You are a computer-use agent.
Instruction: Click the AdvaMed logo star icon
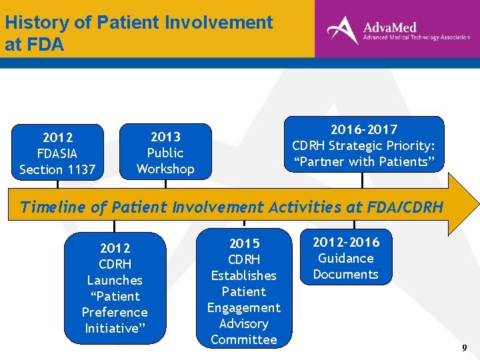[343, 29]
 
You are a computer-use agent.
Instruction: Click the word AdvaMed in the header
[390, 27]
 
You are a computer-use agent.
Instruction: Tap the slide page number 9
[464, 348]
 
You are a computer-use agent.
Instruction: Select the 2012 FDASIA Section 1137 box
[59, 153]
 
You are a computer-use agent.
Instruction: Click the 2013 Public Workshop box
[165, 152]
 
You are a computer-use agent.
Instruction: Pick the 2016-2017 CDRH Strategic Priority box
[363, 145]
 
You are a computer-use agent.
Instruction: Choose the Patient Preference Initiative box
[115, 288]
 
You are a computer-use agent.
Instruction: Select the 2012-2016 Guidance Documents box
[346, 257]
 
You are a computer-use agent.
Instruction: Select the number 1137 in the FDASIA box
[79, 169]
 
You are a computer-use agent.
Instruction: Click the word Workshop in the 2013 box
[165, 169]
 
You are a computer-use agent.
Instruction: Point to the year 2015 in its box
[244, 243]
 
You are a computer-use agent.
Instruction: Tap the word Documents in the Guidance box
[346, 274]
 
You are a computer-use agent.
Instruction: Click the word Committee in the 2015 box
[244, 339]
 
